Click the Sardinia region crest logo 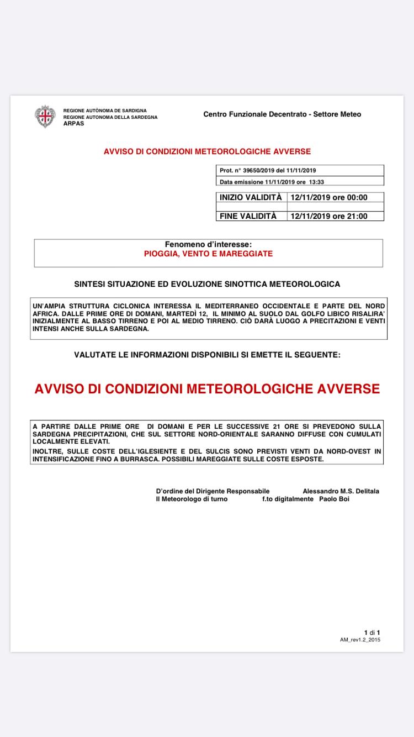(45, 116)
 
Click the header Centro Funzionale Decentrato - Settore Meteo (282, 114)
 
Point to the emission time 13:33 (316, 181)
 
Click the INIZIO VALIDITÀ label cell (251, 197)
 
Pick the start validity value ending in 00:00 (329, 197)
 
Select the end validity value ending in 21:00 (329, 216)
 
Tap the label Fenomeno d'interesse (208, 244)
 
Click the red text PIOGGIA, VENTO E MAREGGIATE (208, 254)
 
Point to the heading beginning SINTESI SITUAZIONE (207, 284)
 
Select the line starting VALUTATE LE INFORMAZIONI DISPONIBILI (207, 355)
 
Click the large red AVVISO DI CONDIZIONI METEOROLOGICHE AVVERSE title (207, 389)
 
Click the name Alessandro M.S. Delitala (341, 491)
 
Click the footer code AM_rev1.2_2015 (360, 639)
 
